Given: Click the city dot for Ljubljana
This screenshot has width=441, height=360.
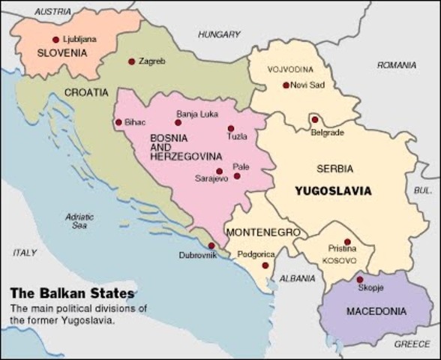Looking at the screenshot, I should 55,40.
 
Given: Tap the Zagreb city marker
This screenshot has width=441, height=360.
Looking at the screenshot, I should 131,61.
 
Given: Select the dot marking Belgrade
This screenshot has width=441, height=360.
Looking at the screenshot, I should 315,119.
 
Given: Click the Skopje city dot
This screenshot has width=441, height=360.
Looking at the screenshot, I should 359,280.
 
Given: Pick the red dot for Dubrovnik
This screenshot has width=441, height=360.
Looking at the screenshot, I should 211,245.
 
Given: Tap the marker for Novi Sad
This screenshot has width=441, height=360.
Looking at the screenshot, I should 286,85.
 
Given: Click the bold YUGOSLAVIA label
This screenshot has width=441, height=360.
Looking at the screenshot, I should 333,190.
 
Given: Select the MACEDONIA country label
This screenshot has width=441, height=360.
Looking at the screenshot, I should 376,310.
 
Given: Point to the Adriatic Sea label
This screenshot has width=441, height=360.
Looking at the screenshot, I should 79,220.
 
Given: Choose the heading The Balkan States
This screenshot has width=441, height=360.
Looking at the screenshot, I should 72,293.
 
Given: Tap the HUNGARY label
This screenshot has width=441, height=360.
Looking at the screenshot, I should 219,34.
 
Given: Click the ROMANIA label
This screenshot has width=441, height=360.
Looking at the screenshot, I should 397,66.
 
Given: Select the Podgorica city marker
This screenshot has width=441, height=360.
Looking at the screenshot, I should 265,265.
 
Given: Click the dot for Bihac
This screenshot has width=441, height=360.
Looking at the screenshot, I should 118,122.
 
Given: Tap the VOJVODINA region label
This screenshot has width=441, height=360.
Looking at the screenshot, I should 289,70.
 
